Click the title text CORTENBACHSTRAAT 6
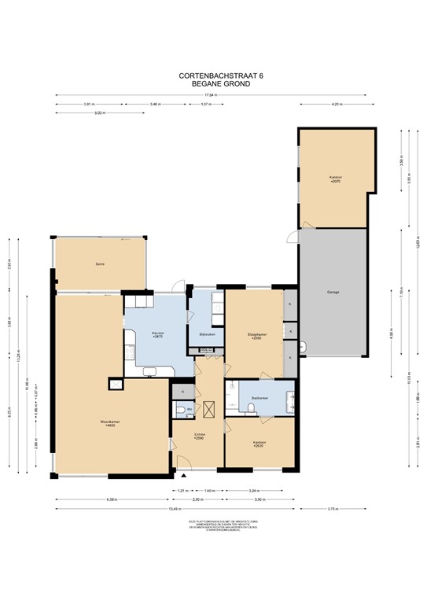click(x=214, y=76)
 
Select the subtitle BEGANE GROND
click(x=214, y=83)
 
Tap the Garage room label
click(x=333, y=293)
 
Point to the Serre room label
click(x=100, y=264)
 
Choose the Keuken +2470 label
click(x=156, y=335)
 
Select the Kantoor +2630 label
click(x=259, y=444)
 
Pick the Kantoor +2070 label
click(x=336, y=179)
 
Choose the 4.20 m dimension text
click(x=336, y=105)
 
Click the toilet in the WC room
click(x=181, y=411)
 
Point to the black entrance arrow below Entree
click(x=183, y=477)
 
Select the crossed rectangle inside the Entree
click(x=209, y=409)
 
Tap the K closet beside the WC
click(x=182, y=391)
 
